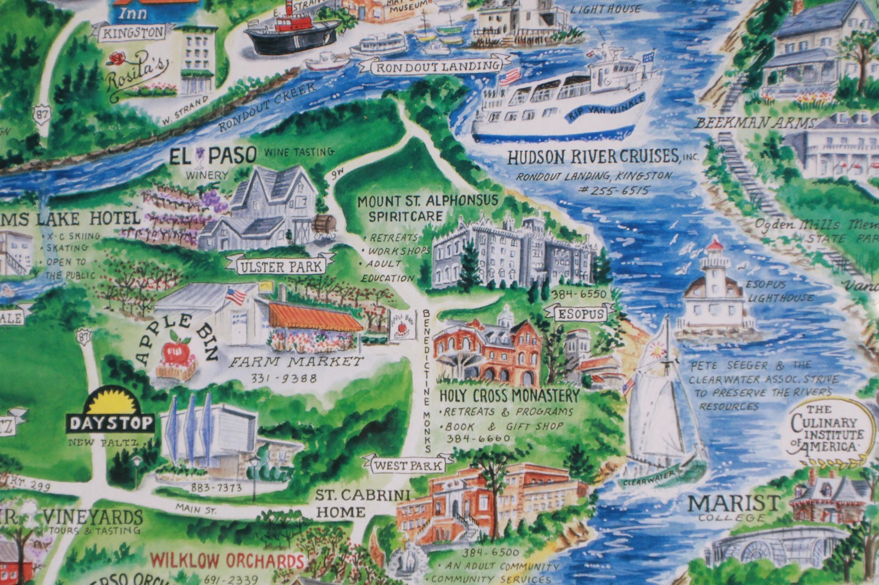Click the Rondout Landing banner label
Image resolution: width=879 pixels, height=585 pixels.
point(437,67)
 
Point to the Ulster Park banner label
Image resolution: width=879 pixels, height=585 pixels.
point(280,267)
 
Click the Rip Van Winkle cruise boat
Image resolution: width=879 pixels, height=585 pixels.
point(566,102)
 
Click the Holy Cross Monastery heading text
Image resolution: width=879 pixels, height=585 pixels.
point(509,395)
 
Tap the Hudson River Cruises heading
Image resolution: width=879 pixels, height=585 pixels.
point(593,157)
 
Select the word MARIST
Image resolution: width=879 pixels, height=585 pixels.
point(733,503)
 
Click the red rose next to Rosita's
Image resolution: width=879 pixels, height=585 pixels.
point(116,58)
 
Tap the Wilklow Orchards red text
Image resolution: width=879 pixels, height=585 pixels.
point(227,561)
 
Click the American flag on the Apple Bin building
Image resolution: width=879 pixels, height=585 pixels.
point(236,296)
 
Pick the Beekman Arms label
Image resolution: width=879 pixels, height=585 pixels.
point(755,123)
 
